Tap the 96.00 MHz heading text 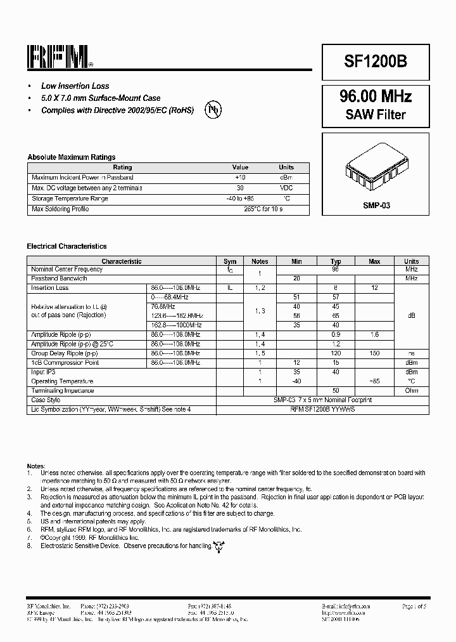pyautogui.click(x=376, y=96)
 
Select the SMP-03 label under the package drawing pyautogui.click(x=376, y=206)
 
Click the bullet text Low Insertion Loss pyautogui.click(x=75, y=86)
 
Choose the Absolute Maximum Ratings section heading pyautogui.click(x=71, y=157)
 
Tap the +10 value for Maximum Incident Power pyautogui.click(x=240, y=178)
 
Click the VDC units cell pyautogui.click(x=286, y=188)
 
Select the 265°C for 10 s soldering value pyautogui.click(x=263, y=209)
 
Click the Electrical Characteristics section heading pyautogui.click(x=66, y=246)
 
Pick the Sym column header pyautogui.click(x=230, y=261)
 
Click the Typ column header pyautogui.click(x=336, y=261)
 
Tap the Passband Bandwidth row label pyautogui.click(x=59, y=278)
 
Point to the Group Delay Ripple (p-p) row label pyautogui.click(x=64, y=353)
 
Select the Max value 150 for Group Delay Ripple pyautogui.click(x=374, y=353)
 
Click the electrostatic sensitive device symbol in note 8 pyautogui.click(x=219, y=546)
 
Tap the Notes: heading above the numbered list pyautogui.click(x=36, y=465)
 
